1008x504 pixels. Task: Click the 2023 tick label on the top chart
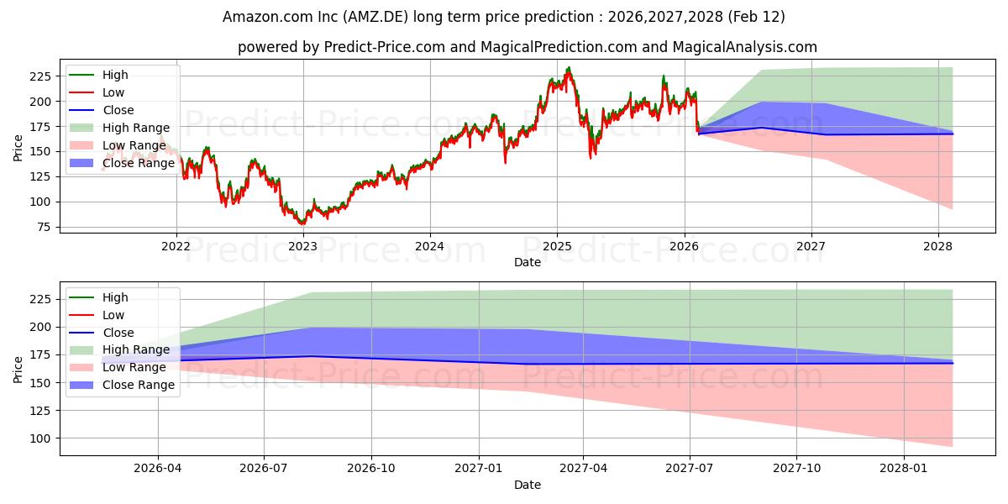pos(302,246)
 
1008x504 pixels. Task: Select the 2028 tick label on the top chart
pos(937,246)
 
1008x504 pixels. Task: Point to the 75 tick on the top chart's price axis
pos(42,227)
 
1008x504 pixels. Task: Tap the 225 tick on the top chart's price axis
pos(39,76)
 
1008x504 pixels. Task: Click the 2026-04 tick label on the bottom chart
pos(158,468)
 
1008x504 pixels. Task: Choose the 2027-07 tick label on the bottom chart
pos(690,468)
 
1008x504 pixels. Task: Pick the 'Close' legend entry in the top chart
pos(118,110)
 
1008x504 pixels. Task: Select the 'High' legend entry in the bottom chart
pos(115,297)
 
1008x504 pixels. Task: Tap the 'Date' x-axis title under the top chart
pos(528,263)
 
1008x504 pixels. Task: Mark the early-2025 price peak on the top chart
pos(569,68)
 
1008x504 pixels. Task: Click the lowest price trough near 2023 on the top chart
pos(301,224)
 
